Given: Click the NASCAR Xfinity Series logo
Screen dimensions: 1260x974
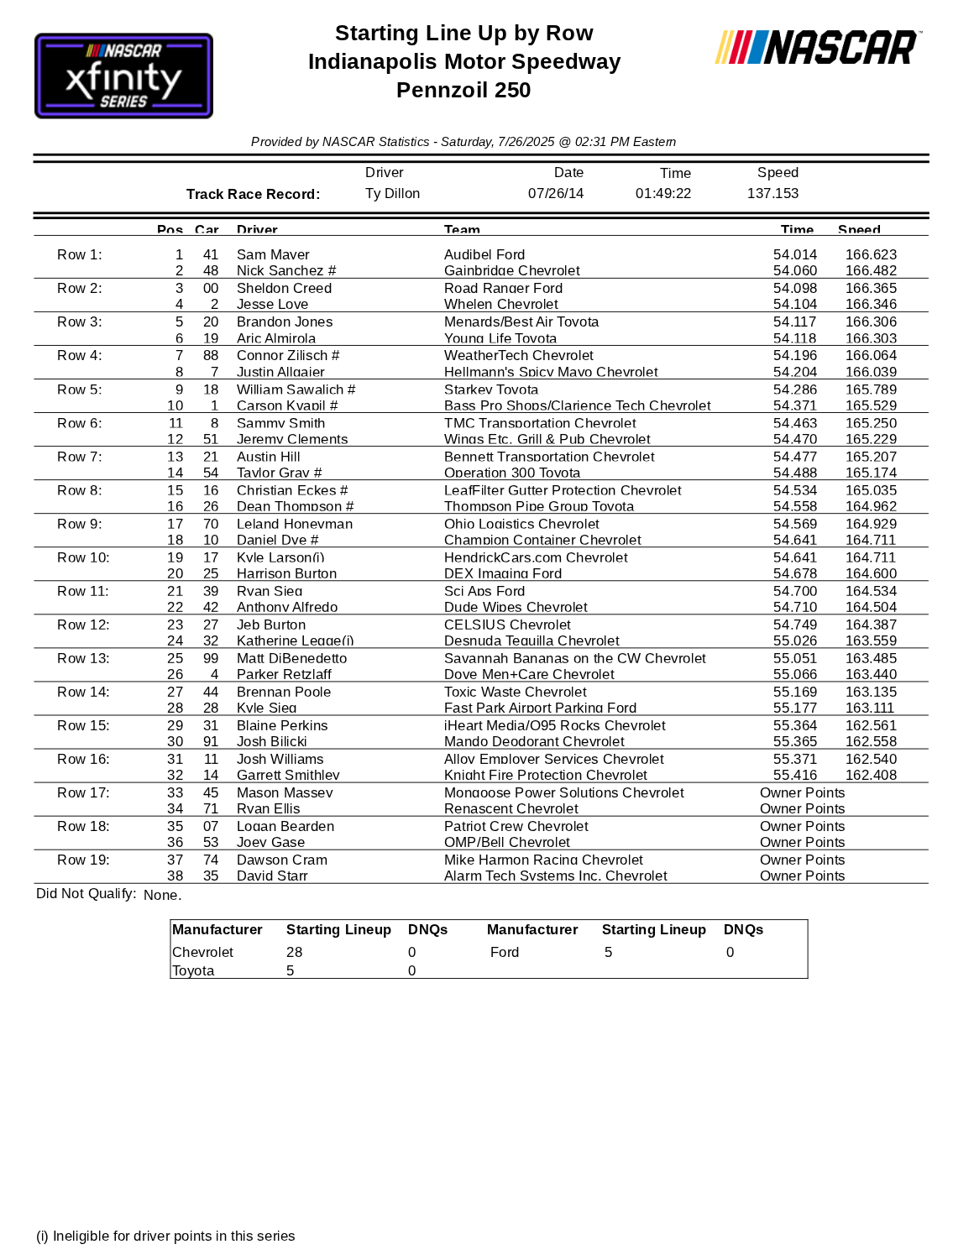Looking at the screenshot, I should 123,76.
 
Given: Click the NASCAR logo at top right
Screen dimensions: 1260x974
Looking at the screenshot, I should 817,48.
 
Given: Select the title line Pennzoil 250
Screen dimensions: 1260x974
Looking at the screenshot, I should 463,91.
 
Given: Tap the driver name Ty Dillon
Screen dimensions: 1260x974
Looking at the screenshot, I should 392,194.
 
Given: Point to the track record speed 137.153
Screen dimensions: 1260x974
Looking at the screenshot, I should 772,194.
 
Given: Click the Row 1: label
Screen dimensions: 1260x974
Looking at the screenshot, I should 80,255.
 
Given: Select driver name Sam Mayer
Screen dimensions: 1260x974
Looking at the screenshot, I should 273,255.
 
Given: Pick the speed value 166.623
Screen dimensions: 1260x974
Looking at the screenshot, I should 871,255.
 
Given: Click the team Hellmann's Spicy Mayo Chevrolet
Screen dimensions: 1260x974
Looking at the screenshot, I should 551,372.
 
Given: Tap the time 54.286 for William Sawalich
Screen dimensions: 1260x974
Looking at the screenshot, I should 794,390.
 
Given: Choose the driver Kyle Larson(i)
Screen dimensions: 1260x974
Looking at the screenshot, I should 280,557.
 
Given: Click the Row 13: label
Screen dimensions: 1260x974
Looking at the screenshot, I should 83,658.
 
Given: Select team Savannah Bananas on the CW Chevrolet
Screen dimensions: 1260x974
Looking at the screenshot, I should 575,658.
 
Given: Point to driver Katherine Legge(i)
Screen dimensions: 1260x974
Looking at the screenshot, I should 295,641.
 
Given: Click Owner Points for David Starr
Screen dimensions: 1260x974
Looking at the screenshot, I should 802,876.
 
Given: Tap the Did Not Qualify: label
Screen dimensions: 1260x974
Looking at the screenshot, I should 86,894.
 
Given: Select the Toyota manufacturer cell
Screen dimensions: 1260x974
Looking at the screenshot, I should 193,971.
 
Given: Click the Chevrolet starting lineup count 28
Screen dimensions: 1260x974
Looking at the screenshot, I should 294,953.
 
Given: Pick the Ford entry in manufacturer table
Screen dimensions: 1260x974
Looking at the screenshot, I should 505,953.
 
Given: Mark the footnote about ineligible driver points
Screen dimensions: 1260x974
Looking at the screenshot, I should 165,1236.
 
